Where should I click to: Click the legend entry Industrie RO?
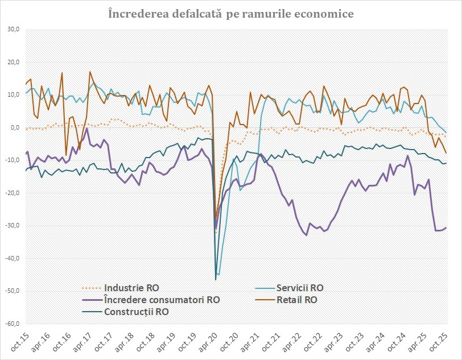pos(131,288)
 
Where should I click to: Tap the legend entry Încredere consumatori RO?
pos(162,300)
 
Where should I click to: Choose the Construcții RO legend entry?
pos(137,312)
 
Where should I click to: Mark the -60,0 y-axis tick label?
pos(12,324)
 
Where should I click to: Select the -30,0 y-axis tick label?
pos(12,226)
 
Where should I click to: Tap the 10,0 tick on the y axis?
pos(13,95)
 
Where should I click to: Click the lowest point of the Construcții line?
pos(216,279)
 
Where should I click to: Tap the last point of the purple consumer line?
pos(446,227)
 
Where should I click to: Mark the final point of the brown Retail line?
pos(446,153)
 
